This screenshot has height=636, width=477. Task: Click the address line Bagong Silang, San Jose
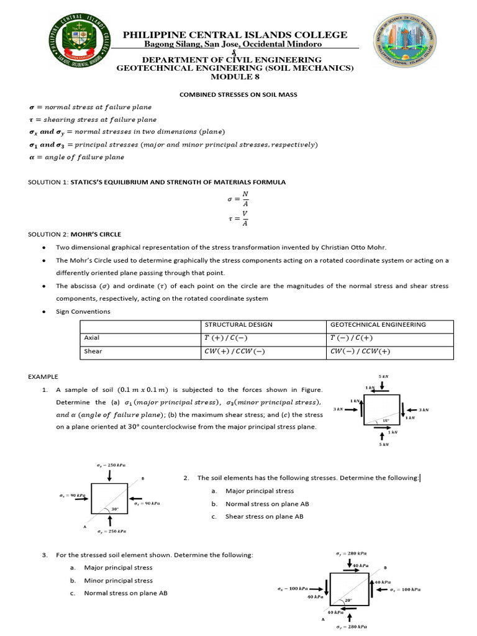(235, 45)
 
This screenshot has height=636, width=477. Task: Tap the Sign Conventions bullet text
(83, 311)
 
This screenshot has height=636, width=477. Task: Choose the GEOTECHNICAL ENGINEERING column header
(378, 325)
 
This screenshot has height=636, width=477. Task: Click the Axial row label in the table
(91, 338)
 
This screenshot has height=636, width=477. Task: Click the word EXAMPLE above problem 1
(43, 376)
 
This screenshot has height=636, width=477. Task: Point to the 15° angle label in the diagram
(386, 420)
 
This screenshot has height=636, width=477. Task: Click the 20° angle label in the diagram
(348, 600)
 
